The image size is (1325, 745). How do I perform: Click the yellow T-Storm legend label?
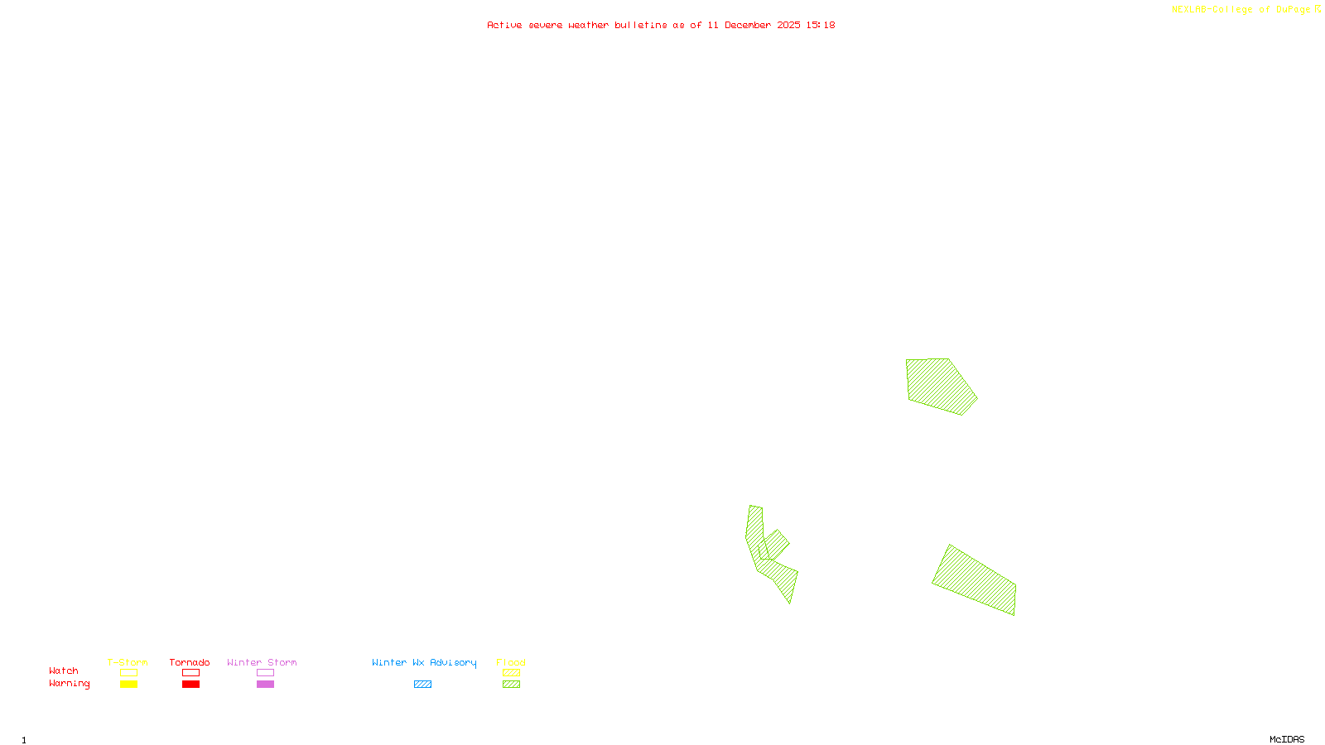[128, 662]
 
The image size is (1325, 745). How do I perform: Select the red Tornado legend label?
[190, 662]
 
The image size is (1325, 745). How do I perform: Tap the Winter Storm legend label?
[262, 662]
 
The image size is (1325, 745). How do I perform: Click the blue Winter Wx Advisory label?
[424, 662]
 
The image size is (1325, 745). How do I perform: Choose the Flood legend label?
[511, 662]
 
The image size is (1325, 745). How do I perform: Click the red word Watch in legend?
[64, 670]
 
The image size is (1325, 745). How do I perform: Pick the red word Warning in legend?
[69, 684]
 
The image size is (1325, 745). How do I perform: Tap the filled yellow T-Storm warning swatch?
[128, 685]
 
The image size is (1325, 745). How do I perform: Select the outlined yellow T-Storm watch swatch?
[128, 673]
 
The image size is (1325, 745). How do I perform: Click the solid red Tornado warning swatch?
[191, 685]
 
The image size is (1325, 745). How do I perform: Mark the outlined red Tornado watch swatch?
[191, 673]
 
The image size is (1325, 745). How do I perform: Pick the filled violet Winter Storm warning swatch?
[265, 685]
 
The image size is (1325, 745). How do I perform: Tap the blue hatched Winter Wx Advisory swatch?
[422, 685]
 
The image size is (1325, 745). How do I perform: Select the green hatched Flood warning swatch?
[512, 685]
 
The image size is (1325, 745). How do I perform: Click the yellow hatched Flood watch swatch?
[512, 673]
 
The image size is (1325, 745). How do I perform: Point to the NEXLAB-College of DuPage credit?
[1241, 10]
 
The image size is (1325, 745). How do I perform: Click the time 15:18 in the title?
[821, 25]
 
